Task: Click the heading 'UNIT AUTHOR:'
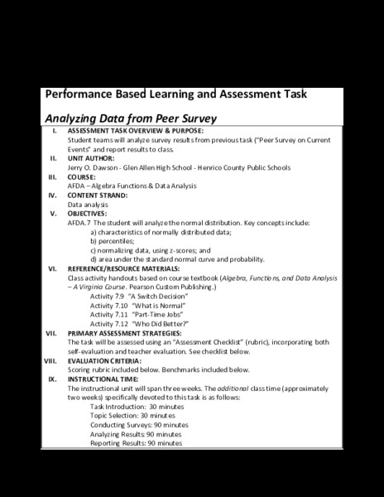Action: pos(92,157)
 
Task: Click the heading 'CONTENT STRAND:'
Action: pos(98,195)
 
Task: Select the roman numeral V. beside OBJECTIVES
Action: pos(53,213)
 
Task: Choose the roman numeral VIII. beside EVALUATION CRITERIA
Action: pos(51,360)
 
